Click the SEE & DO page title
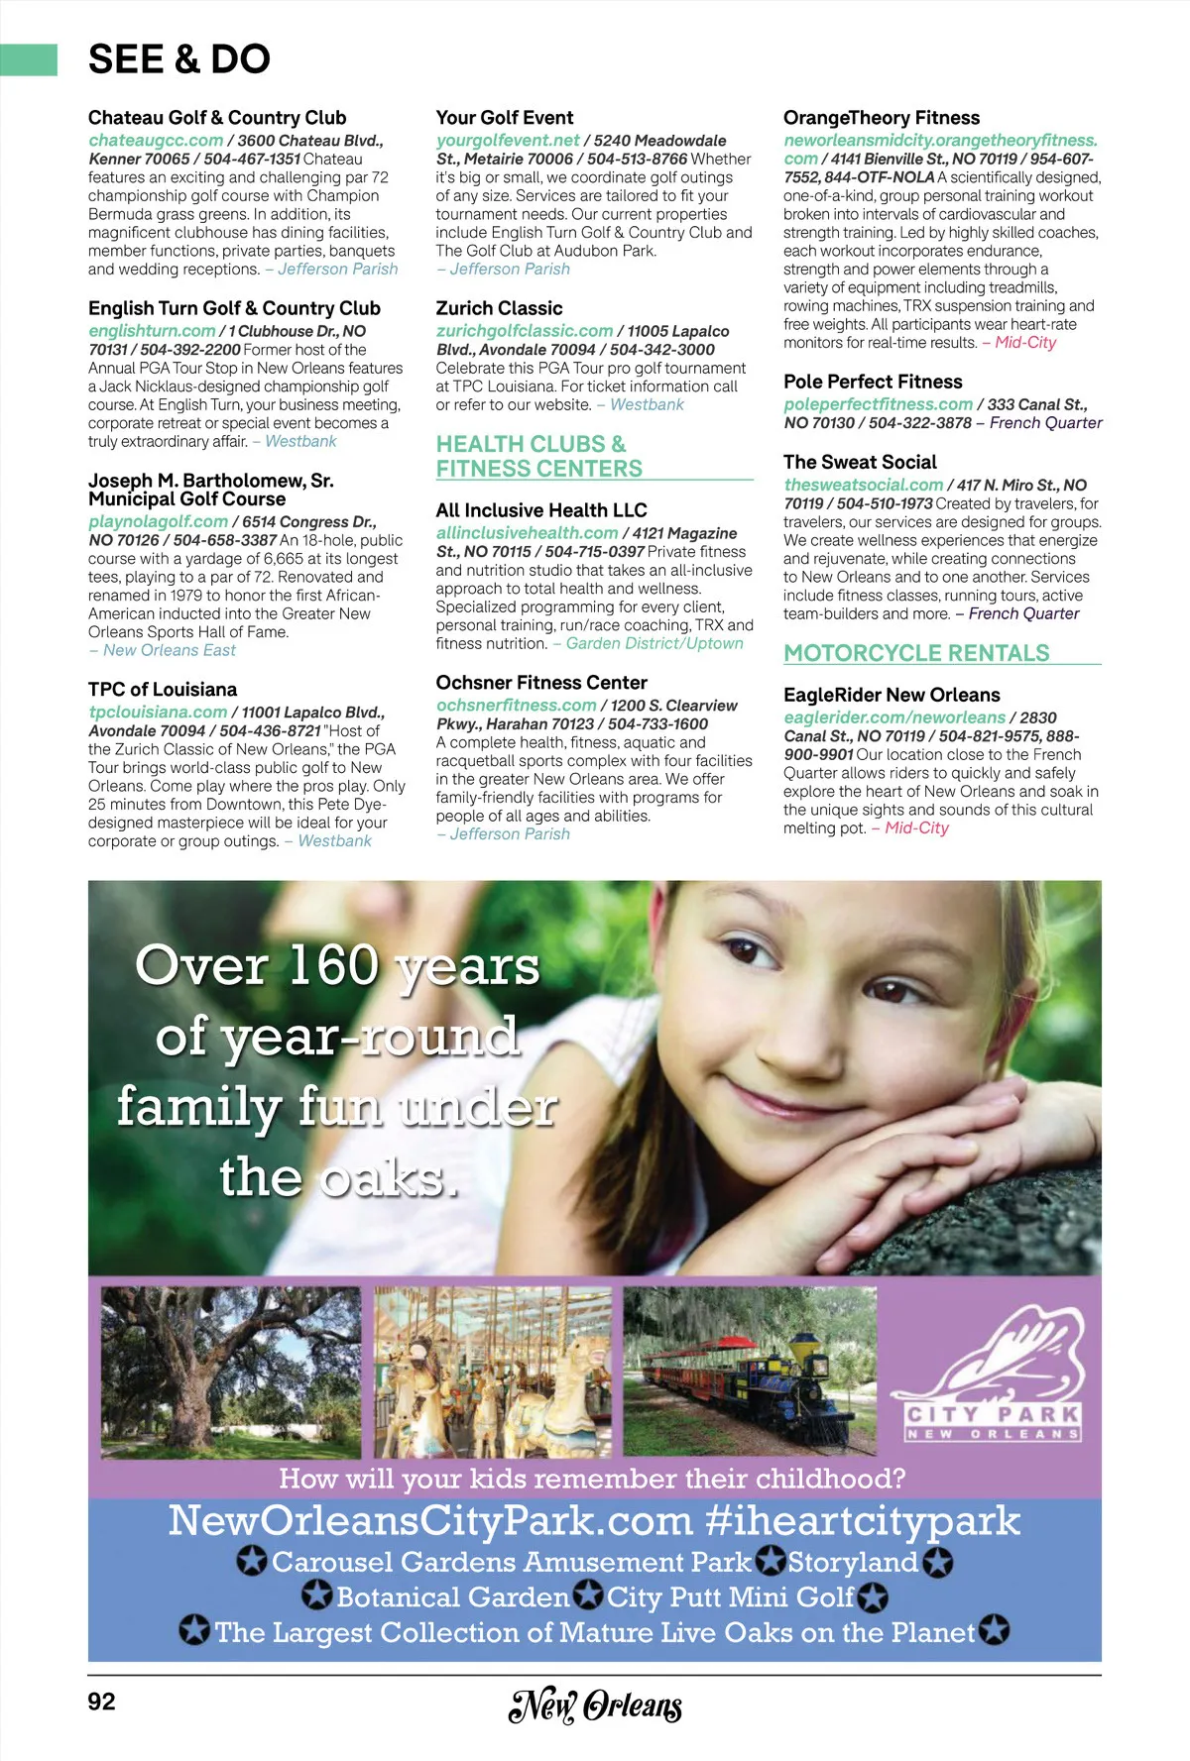pos(179,59)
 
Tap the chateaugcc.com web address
pos(156,141)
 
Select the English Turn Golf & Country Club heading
pos(234,308)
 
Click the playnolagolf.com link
pos(158,521)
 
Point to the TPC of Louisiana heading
pos(163,690)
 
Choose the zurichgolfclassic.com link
pos(525,331)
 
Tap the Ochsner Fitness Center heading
pos(541,683)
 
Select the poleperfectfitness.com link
pos(878,404)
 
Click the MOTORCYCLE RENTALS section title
pos(916,653)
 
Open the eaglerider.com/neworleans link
pos(894,717)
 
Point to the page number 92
pos(101,1702)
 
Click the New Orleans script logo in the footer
pos(595,1706)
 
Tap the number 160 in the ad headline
pos(333,965)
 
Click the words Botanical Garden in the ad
pos(452,1597)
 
